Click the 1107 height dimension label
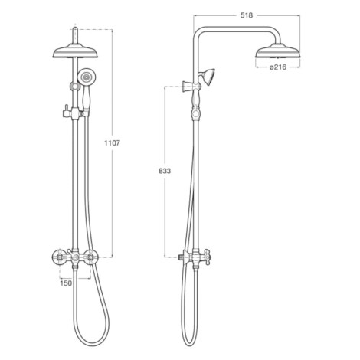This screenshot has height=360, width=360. click(112, 143)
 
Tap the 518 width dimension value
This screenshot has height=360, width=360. click(247, 15)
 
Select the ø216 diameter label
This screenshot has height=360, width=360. click(278, 67)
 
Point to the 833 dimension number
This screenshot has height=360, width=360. click(165, 171)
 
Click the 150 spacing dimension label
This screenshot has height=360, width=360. click(66, 283)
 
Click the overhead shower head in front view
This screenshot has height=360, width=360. click(75, 52)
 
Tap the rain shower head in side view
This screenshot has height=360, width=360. click(278, 51)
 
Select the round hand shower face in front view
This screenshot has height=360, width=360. click(87, 76)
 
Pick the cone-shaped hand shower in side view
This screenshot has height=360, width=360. click(209, 77)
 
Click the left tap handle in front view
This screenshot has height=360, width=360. click(59, 257)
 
